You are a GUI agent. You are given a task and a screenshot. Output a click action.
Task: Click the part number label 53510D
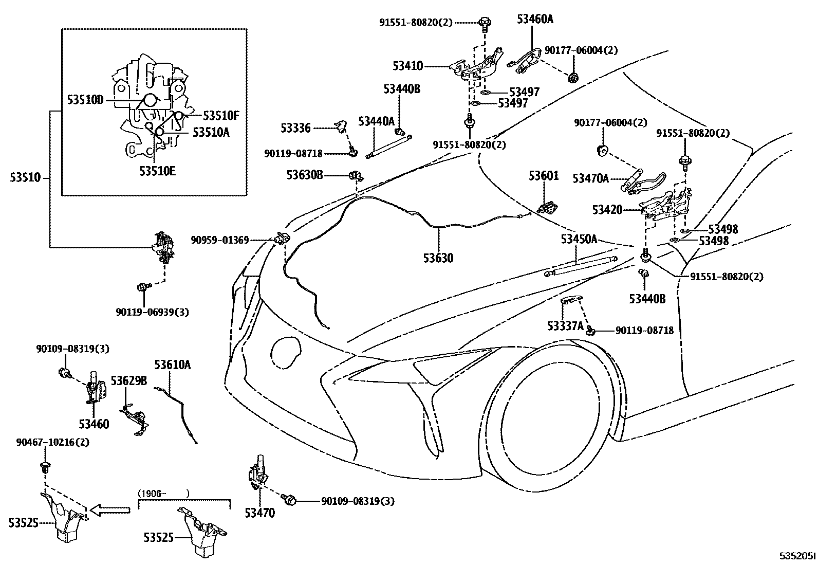click(x=85, y=100)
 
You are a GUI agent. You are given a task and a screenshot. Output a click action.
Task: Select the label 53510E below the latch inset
click(x=157, y=171)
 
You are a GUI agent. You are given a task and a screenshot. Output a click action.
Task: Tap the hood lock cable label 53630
click(x=438, y=258)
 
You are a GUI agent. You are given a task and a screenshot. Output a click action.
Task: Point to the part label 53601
click(x=544, y=176)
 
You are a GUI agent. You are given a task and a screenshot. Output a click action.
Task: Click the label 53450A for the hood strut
click(x=579, y=239)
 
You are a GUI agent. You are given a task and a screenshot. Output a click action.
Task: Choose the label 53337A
click(x=566, y=325)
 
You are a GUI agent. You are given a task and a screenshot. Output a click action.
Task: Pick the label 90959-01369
click(x=220, y=240)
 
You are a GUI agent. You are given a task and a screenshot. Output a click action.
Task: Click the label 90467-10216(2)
click(x=52, y=442)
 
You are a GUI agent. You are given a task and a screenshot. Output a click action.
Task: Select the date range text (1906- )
click(x=163, y=494)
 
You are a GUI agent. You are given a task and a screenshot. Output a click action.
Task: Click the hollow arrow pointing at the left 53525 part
click(x=110, y=510)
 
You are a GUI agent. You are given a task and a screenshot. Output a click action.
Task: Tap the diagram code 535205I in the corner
click(x=797, y=556)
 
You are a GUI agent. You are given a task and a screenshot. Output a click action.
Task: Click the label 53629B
click(x=129, y=381)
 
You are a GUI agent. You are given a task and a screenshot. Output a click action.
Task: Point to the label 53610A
click(x=172, y=364)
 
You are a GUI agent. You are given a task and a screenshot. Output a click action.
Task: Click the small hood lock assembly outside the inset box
click(x=163, y=247)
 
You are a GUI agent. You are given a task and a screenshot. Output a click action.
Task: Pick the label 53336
click(x=296, y=128)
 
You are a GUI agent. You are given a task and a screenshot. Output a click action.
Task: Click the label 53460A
click(x=535, y=19)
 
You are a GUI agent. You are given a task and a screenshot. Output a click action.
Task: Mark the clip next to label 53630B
click(x=356, y=176)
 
